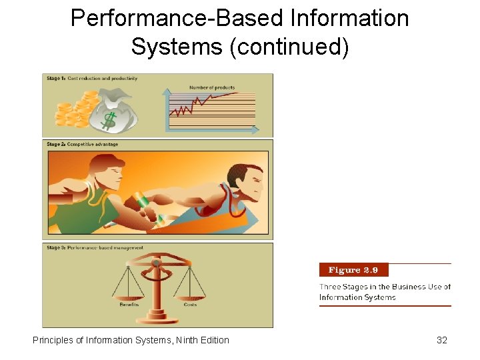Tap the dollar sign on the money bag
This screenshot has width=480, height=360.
pyautogui.click(x=109, y=119)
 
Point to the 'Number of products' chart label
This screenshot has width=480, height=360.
pyautogui.click(x=212, y=87)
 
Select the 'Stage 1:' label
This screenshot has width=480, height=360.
pyautogui.click(x=55, y=79)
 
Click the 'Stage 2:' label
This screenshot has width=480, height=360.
pyautogui.click(x=55, y=144)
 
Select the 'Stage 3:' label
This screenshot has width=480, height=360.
pyautogui.click(x=55, y=247)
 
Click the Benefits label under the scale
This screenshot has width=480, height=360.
pyautogui.click(x=129, y=305)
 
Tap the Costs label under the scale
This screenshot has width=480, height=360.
pyautogui.click(x=190, y=305)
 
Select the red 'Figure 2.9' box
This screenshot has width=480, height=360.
pyautogui.click(x=353, y=270)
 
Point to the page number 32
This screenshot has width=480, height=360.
pyautogui.click(x=441, y=340)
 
